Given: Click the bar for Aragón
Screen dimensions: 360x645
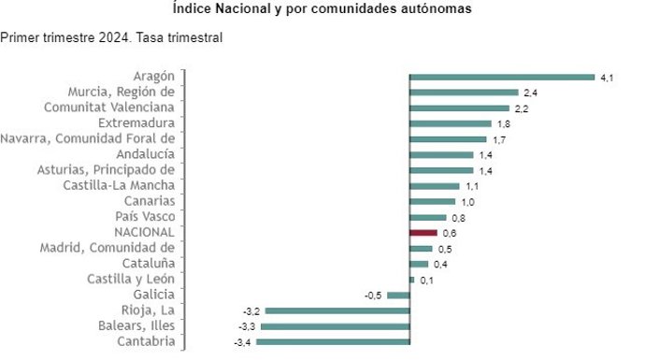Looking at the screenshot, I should tap(502, 77).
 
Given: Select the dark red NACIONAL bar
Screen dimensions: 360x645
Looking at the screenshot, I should tap(423, 232).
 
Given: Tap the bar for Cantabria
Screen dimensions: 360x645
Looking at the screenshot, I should tap(333, 342).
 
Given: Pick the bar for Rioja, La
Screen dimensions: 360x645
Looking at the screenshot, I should tap(337, 310).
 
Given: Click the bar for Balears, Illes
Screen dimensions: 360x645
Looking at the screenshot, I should tap(335, 326).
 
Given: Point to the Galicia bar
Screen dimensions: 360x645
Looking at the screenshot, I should tap(399, 295).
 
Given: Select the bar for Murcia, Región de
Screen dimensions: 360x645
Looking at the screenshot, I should tap(464, 93).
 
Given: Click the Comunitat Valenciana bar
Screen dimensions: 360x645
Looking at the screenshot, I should tap(459, 108).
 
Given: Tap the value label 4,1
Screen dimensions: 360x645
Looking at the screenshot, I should tap(606, 78).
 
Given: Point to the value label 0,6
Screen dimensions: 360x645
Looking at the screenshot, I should tap(449, 233).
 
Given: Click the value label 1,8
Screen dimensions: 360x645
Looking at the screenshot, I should tap(503, 123).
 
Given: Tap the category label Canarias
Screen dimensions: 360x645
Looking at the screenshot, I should tap(149, 200).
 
